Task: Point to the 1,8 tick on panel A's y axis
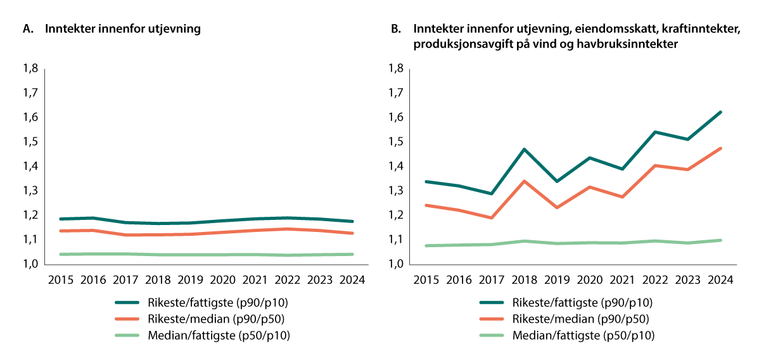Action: tap(30, 68)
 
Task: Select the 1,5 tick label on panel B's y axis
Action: tap(396, 142)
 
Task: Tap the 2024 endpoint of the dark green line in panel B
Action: tap(721, 112)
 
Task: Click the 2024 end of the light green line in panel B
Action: tap(721, 240)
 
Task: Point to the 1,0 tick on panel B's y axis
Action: tap(396, 264)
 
